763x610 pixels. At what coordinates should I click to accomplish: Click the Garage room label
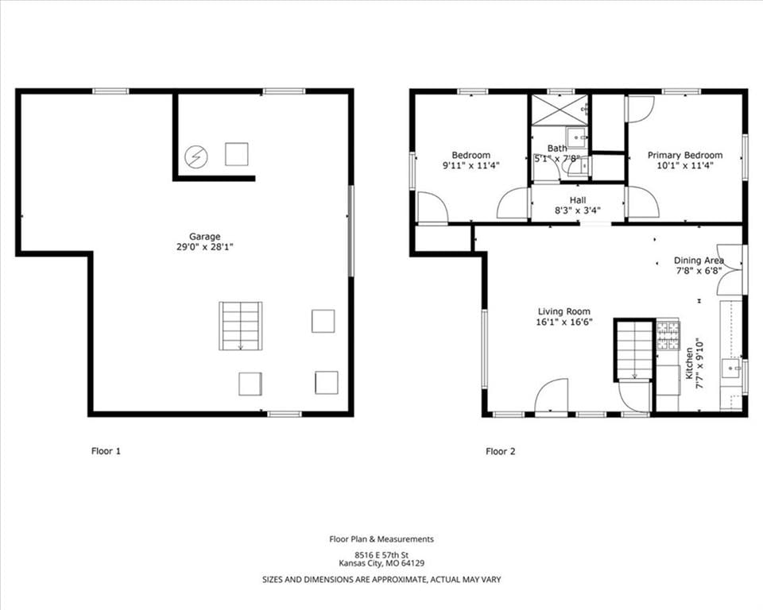pyautogui.click(x=204, y=237)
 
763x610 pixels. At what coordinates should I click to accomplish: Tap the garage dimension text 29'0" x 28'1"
pyautogui.click(x=205, y=247)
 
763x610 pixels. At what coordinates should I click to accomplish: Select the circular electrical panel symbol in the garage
pyautogui.click(x=196, y=156)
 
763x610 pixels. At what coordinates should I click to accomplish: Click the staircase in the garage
pyautogui.click(x=240, y=326)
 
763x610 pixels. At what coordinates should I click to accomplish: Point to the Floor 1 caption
pyautogui.click(x=106, y=451)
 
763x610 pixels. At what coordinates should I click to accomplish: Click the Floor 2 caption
pyautogui.click(x=500, y=451)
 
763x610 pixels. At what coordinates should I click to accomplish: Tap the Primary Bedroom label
pyautogui.click(x=684, y=155)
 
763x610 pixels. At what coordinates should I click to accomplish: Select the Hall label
pyautogui.click(x=578, y=200)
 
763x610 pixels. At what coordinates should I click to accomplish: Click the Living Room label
pyautogui.click(x=564, y=311)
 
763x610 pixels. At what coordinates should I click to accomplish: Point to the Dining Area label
pyautogui.click(x=699, y=261)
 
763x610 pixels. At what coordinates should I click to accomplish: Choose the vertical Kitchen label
pyautogui.click(x=690, y=363)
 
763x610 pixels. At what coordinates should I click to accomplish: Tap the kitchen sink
pyautogui.click(x=731, y=369)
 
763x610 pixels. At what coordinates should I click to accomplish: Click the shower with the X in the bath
pyautogui.click(x=560, y=110)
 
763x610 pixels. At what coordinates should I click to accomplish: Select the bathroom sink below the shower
pyautogui.click(x=577, y=137)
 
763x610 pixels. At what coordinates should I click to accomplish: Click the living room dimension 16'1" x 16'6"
pyautogui.click(x=564, y=322)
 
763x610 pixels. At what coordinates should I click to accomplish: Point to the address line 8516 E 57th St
pyautogui.click(x=381, y=554)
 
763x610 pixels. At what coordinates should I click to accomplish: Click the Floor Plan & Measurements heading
pyautogui.click(x=381, y=539)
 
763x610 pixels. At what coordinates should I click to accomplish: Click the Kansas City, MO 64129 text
pyautogui.click(x=381, y=563)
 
